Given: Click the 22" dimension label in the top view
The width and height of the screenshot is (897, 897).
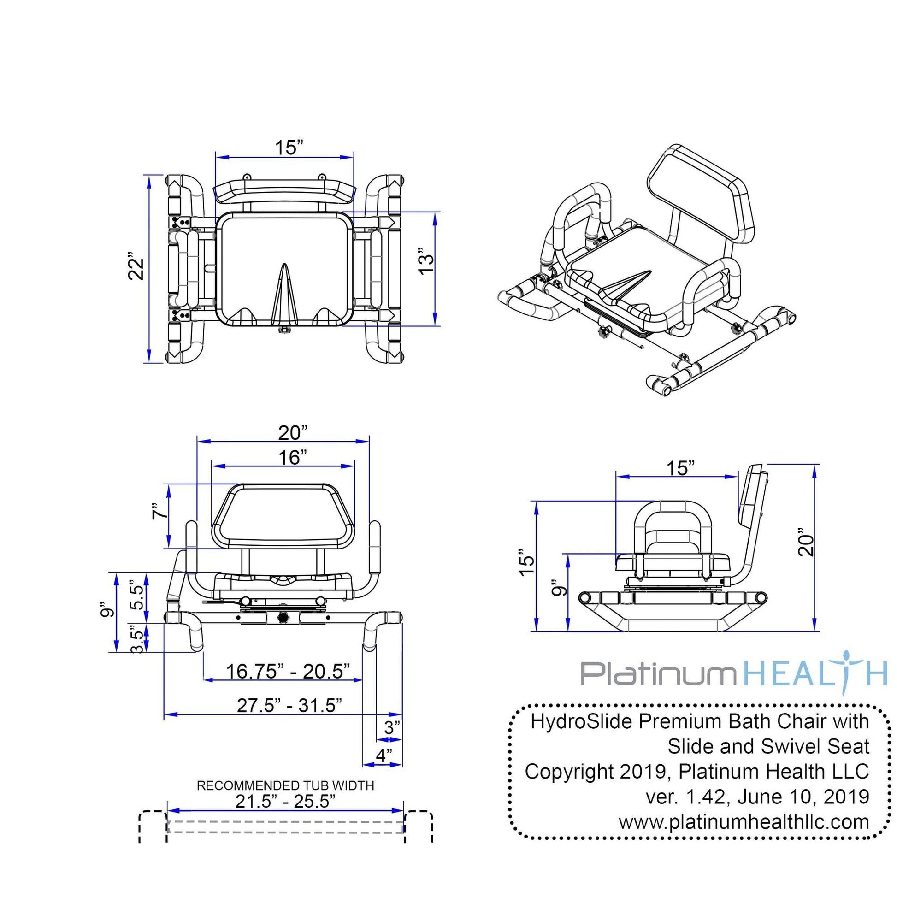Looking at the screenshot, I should [x=136, y=266].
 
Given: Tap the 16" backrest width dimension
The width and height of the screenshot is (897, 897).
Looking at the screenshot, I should [x=290, y=457].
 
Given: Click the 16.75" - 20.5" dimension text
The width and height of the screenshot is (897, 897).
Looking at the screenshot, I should [x=287, y=671].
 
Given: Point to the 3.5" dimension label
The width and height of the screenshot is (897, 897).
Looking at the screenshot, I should [x=137, y=642].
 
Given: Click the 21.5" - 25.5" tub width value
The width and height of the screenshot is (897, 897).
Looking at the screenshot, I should [x=285, y=801].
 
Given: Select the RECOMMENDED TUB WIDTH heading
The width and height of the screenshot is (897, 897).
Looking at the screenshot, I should [x=285, y=785].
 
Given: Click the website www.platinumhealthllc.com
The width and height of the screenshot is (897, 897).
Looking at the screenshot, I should [x=744, y=822].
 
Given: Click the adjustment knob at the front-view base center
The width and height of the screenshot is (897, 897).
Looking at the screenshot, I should [x=282, y=618].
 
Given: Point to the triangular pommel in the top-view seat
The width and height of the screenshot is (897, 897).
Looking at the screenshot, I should [x=284, y=295].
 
